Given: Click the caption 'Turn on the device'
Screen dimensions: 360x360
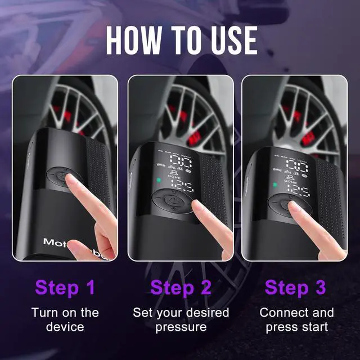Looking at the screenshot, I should pyautogui.click(x=65, y=319).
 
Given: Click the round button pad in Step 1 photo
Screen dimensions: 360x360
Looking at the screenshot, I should pyautogui.click(x=60, y=178).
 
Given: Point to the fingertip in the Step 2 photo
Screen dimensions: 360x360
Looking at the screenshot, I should pyautogui.click(x=198, y=205).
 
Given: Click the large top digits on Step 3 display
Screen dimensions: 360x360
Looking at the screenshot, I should pyautogui.click(x=297, y=165).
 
